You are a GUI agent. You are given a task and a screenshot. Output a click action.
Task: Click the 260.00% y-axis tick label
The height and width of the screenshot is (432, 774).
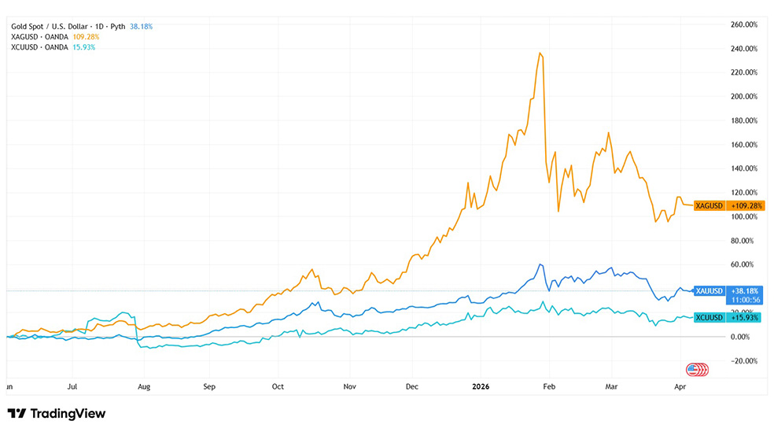click(x=745, y=24)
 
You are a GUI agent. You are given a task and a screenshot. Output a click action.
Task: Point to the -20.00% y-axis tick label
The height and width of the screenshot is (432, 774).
click(x=745, y=361)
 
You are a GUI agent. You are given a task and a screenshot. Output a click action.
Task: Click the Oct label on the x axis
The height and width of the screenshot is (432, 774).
click(x=278, y=387)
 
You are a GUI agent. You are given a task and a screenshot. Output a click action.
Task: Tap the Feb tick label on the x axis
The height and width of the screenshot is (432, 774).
click(x=549, y=387)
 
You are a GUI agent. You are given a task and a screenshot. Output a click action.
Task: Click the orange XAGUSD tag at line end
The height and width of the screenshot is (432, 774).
click(x=709, y=205)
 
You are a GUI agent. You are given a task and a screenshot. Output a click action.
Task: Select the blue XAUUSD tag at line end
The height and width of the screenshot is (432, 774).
click(x=709, y=291)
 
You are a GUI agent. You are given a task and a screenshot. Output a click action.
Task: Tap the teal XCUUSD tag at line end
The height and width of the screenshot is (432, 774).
click(x=709, y=317)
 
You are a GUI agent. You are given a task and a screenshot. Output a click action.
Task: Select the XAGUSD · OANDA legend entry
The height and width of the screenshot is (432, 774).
click(x=39, y=37)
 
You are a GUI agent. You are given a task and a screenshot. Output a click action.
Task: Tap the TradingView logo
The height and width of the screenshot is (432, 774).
click(x=56, y=414)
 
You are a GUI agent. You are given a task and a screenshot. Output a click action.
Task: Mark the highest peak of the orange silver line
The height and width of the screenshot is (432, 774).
click(x=540, y=53)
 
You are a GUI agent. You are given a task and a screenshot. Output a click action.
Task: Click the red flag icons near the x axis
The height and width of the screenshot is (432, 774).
click(x=697, y=369)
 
